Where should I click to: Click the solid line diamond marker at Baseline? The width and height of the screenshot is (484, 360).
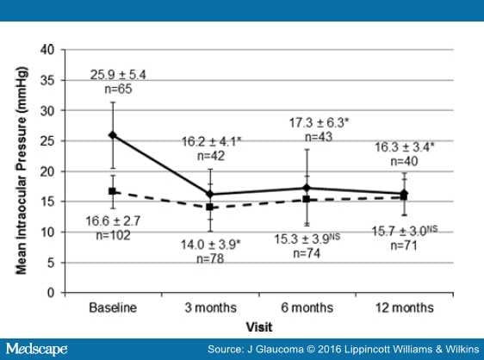click(113, 135)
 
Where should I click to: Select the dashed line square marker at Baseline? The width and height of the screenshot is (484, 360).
click(113, 191)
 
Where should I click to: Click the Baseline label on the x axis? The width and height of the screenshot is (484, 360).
click(113, 307)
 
